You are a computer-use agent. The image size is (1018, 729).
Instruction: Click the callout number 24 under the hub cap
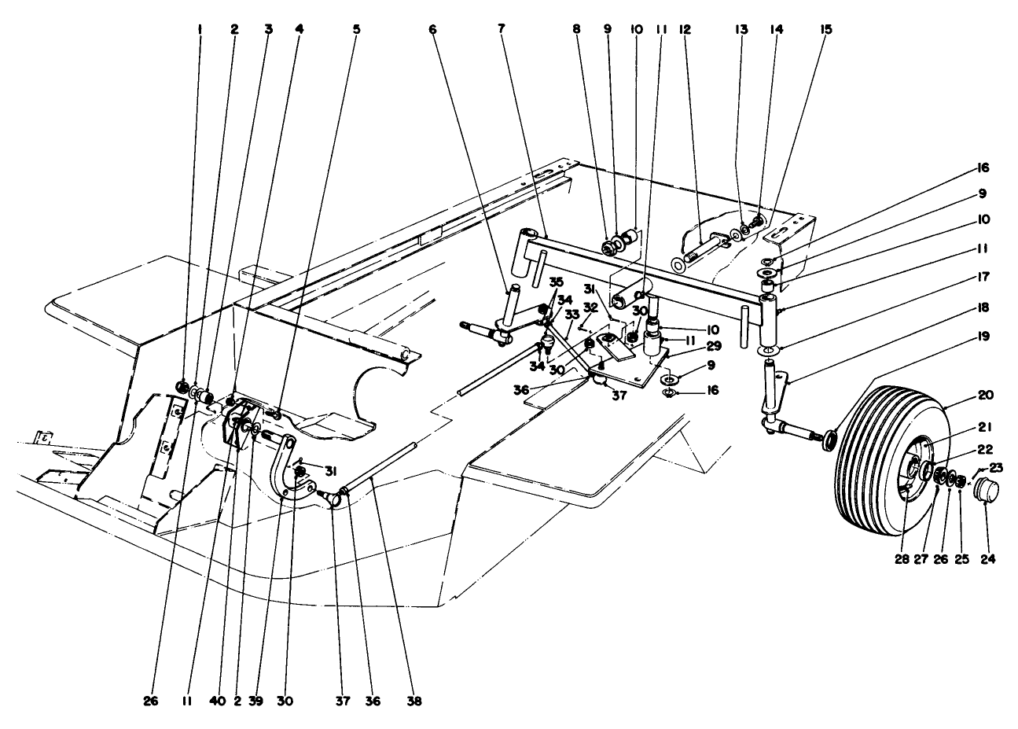point(987,560)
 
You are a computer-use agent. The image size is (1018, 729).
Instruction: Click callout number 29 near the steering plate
point(690,345)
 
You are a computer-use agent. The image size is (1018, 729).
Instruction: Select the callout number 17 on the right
point(983,277)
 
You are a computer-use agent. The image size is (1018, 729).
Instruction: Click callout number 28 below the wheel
point(901,560)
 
